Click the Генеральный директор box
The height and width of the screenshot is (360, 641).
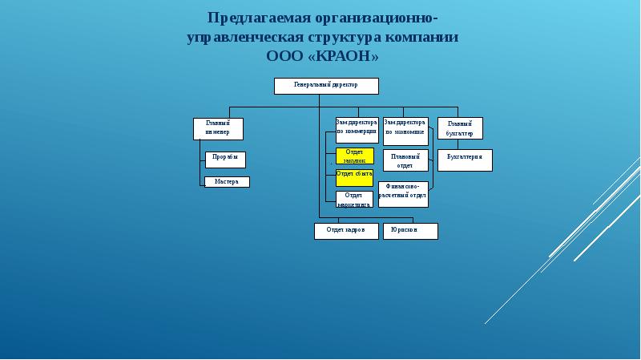click(x=326, y=86)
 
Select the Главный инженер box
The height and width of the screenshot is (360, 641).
click(x=218, y=128)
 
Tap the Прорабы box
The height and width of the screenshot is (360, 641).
click(x=225, y=159)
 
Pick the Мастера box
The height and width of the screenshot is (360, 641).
click(x=227, y=182)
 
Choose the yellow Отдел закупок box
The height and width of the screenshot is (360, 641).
click(x=354, y=156)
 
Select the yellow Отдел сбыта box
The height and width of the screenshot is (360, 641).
click(x=354, y=177)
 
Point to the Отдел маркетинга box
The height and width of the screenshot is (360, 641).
click(x=354, y=199)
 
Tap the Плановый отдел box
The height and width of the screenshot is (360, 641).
click(x=405, y=160)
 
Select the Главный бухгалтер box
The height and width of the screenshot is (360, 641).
click(x=460, y=128)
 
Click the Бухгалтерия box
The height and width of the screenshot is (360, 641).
click(x=465, y=160)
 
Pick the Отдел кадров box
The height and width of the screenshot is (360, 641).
click(x=345, y=231)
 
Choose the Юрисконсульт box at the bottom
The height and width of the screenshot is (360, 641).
click(x=410, y=231)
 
